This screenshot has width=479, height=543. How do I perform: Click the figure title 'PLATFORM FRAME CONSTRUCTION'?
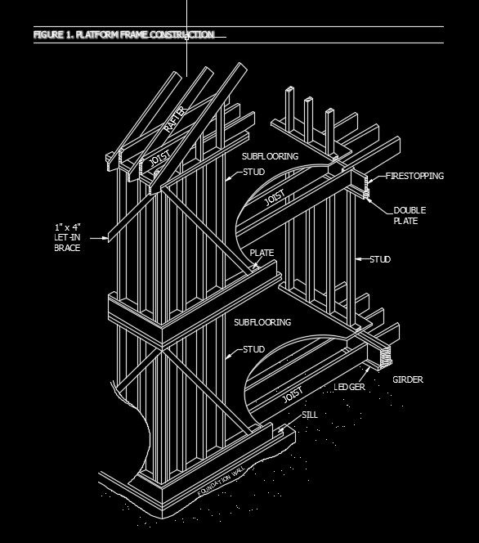[x=123, y=35]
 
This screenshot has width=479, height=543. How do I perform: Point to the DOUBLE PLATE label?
[x=409, y=215]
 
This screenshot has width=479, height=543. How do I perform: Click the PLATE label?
[x=262, y=254]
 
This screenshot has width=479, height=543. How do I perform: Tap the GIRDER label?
[x=408, y=379]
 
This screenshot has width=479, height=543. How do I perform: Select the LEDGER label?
[x=349, y=386]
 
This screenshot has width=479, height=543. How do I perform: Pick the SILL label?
[x=309, y=415]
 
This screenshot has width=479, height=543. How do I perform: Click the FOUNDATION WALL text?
[x=221, y=482]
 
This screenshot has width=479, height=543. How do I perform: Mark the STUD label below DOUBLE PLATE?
[x=379, y=259]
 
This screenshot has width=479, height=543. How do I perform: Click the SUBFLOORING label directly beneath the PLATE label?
[x=262, y=322]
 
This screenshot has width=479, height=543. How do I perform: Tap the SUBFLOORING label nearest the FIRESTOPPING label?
[x=270, y=155]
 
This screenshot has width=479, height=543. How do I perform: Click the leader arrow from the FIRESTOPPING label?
[x=369, y=177]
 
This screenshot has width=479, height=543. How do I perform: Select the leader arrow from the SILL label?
[x=284, y=425]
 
